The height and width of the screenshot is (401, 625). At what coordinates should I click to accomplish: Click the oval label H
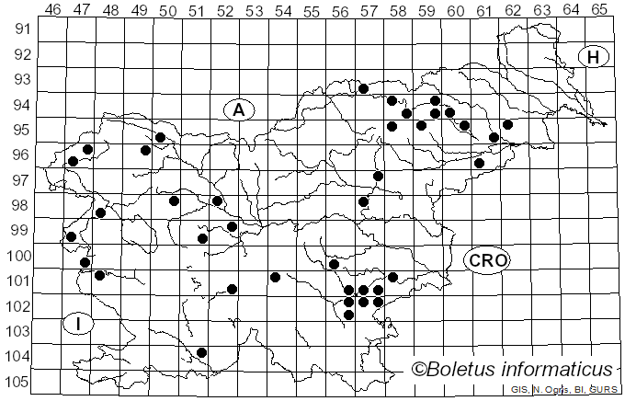click(x=594, y=57)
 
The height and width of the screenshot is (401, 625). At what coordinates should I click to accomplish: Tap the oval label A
click(x=238, y=110)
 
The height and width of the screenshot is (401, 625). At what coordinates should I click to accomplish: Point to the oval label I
click(x=79, y=324)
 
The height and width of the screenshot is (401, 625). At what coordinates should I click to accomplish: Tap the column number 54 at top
click(x=282, y=9)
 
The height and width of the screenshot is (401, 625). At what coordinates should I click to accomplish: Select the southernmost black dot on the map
click(x=202, y=352)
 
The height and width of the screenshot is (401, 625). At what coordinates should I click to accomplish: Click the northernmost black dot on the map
click(x=363, y=89)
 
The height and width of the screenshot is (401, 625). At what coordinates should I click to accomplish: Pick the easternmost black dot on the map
click(x=507, y=124)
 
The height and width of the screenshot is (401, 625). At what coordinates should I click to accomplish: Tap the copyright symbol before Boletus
click(x=419, y=370)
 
